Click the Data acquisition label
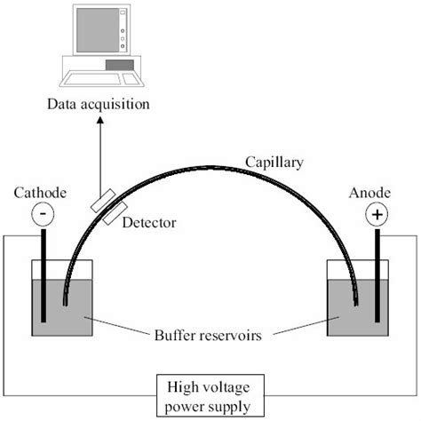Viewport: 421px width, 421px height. [x=99, y=105]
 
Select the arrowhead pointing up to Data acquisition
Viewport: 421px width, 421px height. [x=99, y=121]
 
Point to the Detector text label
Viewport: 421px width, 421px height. [x=147, y=222]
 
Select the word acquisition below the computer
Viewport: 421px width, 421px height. [x=118, y=105]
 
